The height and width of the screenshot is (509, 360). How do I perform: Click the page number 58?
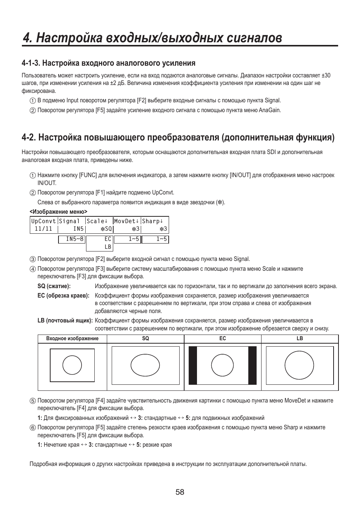point(180,492)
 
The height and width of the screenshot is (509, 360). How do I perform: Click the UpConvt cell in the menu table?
point(43,221)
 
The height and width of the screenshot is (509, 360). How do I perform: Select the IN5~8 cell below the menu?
point(72,239)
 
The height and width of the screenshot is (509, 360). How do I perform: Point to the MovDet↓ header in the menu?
point(127,221)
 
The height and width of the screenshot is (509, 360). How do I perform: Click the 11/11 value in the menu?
point(43,229)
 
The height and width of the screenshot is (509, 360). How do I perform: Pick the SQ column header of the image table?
point(145,339)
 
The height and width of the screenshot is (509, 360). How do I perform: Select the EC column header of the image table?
point(223,339)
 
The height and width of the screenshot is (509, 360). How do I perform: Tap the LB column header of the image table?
point(300,339)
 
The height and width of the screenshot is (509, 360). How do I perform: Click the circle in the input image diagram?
point(72,365)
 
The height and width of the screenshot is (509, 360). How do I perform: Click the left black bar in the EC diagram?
point(193,366)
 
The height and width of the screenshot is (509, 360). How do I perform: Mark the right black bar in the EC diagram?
point(252,366)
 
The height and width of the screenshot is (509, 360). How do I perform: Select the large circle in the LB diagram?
point(299,366)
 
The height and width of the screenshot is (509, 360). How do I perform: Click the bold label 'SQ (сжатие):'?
point(54,286)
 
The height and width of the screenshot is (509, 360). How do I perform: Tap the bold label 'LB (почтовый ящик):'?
point(65,321)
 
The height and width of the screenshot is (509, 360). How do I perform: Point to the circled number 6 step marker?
point(33,428)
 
